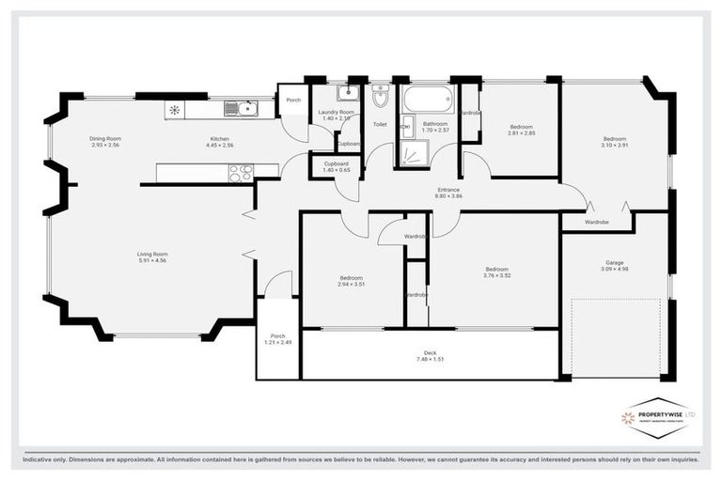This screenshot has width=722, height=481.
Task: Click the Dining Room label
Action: point(106,142)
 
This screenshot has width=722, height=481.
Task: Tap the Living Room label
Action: point(152,256)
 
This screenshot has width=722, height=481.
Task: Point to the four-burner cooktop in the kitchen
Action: point(240,172)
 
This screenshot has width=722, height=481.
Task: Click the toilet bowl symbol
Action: point(380,96)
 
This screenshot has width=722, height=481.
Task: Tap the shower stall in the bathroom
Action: point(416,153)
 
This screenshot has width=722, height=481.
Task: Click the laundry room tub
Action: point(347,92)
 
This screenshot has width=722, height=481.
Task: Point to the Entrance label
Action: point(448,193)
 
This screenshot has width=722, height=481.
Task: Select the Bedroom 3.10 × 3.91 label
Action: point(615,142)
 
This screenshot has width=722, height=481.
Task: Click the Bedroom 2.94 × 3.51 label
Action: point(352,281)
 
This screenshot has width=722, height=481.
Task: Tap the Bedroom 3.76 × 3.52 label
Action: point(496,272)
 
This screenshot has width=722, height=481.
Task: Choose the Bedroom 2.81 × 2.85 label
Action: point(521,130)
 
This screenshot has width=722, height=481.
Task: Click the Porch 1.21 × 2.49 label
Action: point(277,340)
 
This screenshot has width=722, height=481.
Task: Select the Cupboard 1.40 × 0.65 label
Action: point(336,167)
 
